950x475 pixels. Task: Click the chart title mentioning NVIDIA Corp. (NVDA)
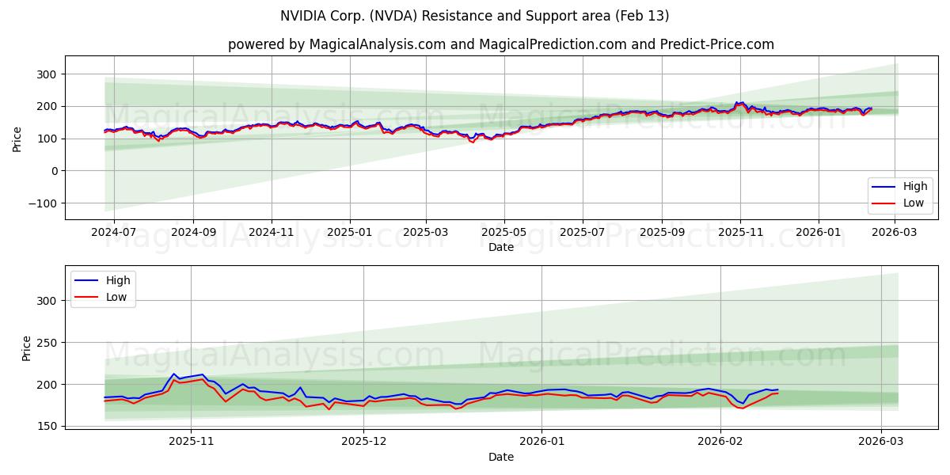coord(474,16)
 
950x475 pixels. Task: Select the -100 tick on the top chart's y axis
coord(41,203)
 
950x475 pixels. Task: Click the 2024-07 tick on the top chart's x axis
coord(114,232)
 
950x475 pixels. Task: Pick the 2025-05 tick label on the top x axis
coord(504,232)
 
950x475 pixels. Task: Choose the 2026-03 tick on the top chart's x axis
coord(895,232)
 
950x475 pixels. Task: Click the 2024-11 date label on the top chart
coord(272,232)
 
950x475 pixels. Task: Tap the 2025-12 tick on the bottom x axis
coord(364,441)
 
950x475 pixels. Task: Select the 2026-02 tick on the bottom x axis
coord(720,441)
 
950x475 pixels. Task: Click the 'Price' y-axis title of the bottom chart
coord(27,348)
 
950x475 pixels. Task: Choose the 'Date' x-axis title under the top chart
coord(500,247)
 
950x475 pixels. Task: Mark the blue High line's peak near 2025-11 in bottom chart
coord(174,374)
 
